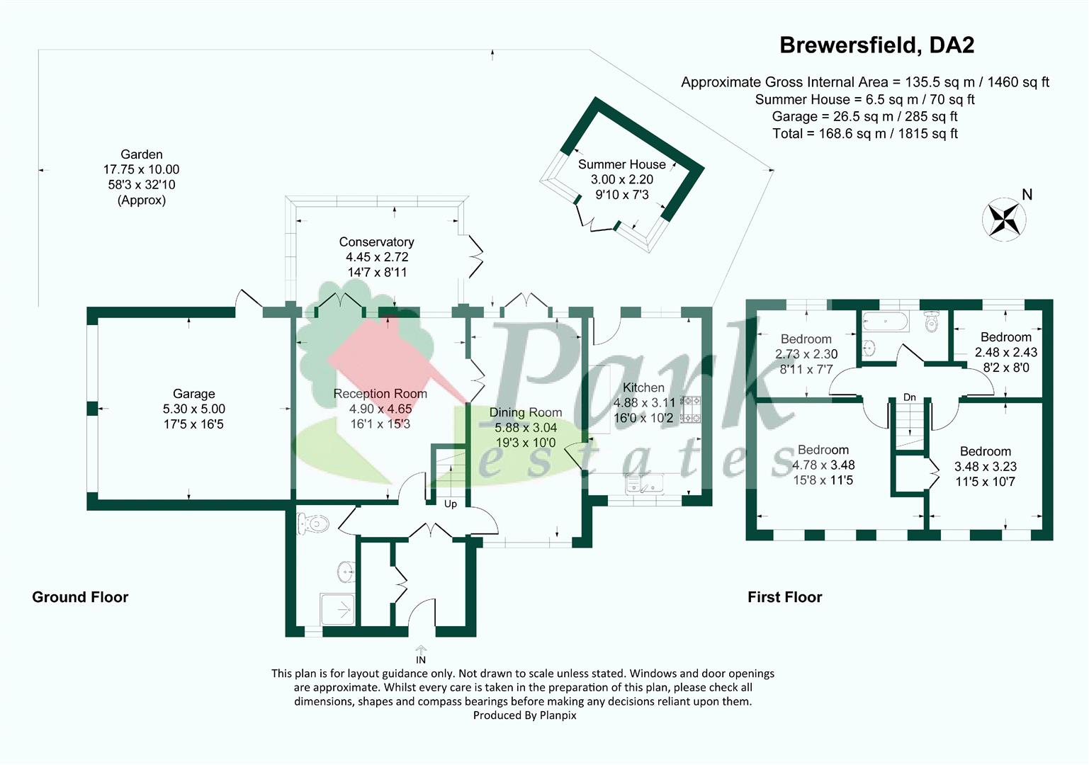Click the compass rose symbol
pos(1004,219)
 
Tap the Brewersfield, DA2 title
pos(877,45)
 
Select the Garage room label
pos(193,394)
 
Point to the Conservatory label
pos(376,242)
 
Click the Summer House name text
pos(622,164)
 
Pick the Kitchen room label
pos(643,387)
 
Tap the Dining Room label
pos(526,413)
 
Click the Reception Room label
pos(380,394)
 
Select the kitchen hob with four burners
pos(690,409)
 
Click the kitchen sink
pos(645,484)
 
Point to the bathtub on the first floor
pos(885,322)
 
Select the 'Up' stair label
pos(451,504)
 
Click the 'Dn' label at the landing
pos(910,397)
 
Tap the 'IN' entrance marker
pos(421,660)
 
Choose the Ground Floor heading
pos(80,597)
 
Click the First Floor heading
pos(784,597)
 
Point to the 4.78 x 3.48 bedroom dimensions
pos(823,465)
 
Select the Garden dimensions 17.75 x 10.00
pos(141,169)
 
